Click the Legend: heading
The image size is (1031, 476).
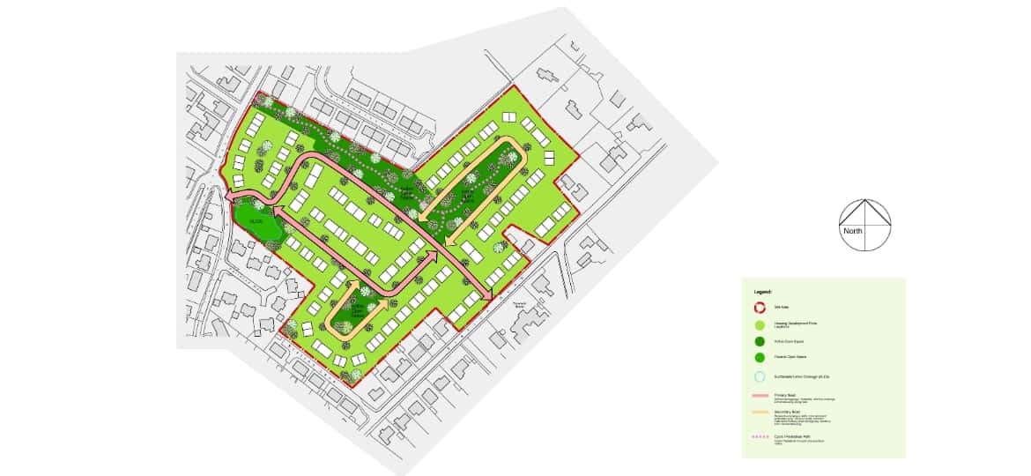[x=763, y=291]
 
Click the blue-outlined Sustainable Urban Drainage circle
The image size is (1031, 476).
[x=759, y=376]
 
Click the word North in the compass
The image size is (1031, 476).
[x=853, y=232]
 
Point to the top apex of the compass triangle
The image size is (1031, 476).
[x=864, y=200]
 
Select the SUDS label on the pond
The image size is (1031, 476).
[x=256, y=219]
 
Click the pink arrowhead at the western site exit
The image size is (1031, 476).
[x=228, y=197]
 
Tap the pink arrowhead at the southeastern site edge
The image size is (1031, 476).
[x=486, y=292]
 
